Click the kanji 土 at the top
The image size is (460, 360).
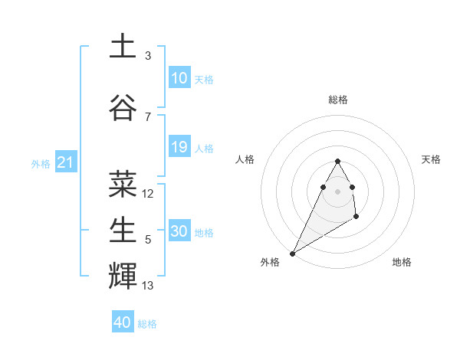click(123, 46)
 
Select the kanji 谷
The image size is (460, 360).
click(123, 107)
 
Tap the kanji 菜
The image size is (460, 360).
click(123, 184)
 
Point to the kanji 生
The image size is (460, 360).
click(123, 230)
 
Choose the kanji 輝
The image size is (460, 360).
click(123, 276)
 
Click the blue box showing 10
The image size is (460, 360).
click(179, 78)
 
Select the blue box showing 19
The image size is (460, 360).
click(179, 147)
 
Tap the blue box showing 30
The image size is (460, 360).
click(179, 231)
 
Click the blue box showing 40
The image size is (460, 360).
click(123, 322)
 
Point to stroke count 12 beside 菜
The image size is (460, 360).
click(148, 194)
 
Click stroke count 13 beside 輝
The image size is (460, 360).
click(148, 286)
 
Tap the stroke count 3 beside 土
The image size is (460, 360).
click(148, 56)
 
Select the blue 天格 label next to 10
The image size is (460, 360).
click(204, 80)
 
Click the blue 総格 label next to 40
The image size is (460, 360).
click(147, 324)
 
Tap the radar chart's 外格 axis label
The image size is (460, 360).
click(270, 262)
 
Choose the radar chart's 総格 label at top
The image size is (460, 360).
click(337, 100)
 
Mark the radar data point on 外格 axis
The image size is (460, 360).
click(292, 253)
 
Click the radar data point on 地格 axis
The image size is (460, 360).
click(356, 218)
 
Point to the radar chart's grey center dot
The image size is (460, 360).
click(337, 190)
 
